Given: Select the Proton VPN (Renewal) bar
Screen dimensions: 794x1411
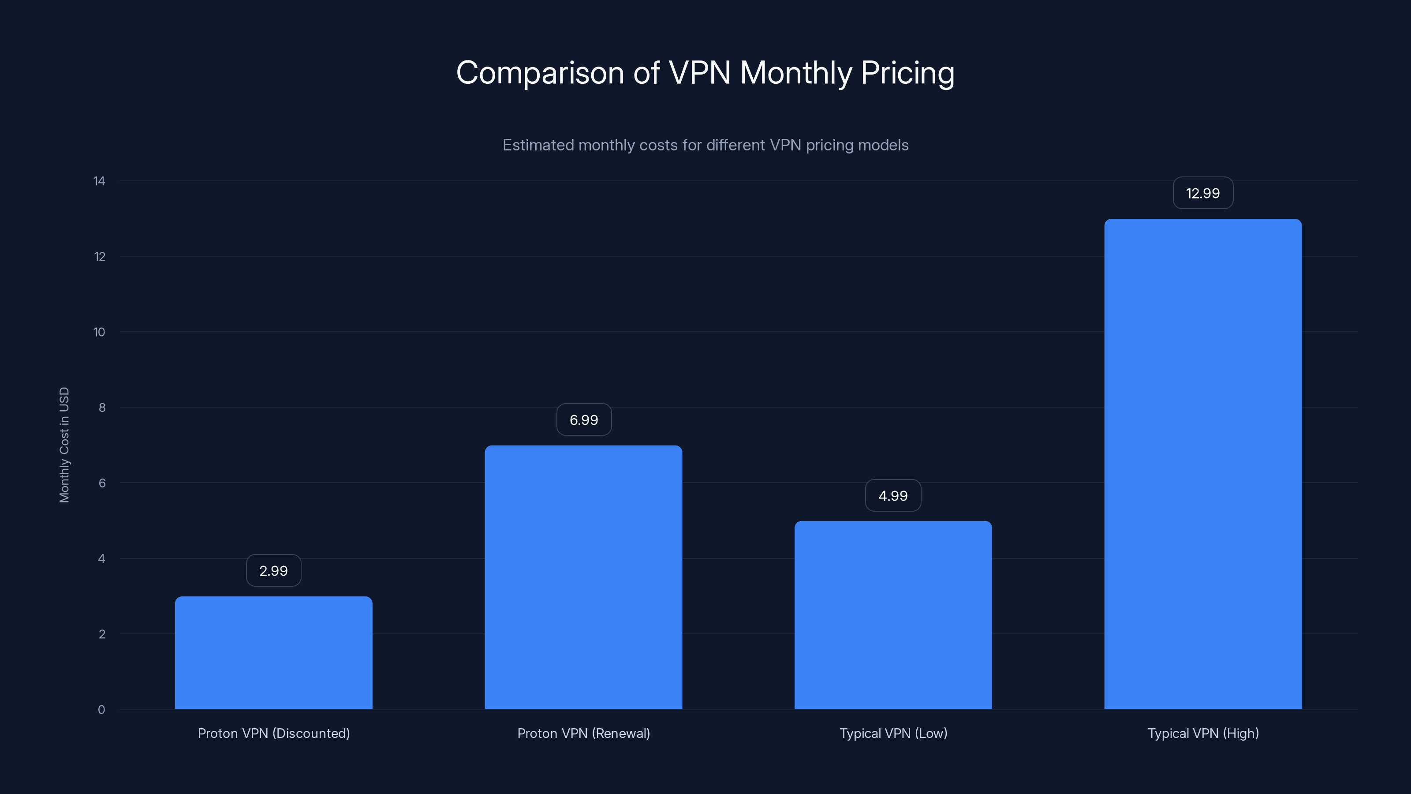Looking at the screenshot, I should tap(583, 577).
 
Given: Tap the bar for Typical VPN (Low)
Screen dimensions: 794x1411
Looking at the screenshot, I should tap(893, 615).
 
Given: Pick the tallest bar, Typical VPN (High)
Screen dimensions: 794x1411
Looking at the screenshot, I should tap(1203, 464).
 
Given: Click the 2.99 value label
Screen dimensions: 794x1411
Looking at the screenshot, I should tap(273, 570).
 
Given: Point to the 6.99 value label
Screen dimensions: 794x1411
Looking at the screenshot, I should tap(584, 420).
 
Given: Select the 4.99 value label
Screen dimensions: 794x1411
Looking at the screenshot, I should tap(893, 495).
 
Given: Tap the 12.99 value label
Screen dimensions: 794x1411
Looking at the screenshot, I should tap(1203, 193).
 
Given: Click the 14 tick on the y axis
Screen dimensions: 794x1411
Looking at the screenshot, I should tap(99, 181).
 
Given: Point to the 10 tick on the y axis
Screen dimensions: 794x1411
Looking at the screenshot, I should tap(99, 332).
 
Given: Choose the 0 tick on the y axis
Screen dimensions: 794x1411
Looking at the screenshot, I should tap(101, 710).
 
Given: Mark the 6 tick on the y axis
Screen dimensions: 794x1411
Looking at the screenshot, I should tap(102, 483).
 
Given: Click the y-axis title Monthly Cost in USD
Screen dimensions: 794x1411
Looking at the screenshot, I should tap(64, 444).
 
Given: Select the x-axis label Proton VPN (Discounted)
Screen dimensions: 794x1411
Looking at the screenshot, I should tap(273, 733).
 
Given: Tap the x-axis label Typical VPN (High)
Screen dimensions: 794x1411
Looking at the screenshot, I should tap(1203, 733).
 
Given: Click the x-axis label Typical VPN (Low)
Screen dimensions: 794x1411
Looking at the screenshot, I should tap(893, 733).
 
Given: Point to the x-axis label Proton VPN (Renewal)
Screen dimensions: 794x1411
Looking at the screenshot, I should tap(583, 733).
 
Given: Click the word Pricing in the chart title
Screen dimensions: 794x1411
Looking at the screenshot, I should tap(907, 73).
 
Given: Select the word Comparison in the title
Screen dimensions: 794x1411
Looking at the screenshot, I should tap(540, 73).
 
